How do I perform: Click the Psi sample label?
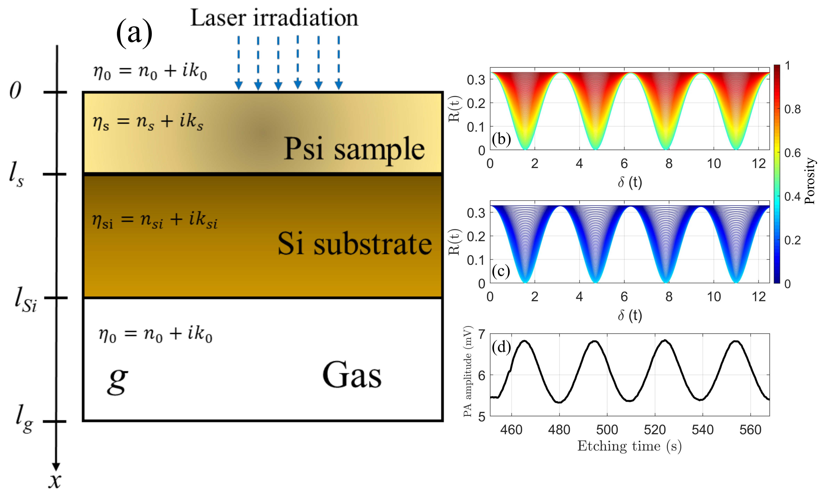click(x=354, y=149)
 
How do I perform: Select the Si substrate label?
click(x=354, y=244)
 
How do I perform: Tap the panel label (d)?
click(x=501, y=348)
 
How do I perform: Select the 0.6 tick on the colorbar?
click(x=792, y=153)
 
